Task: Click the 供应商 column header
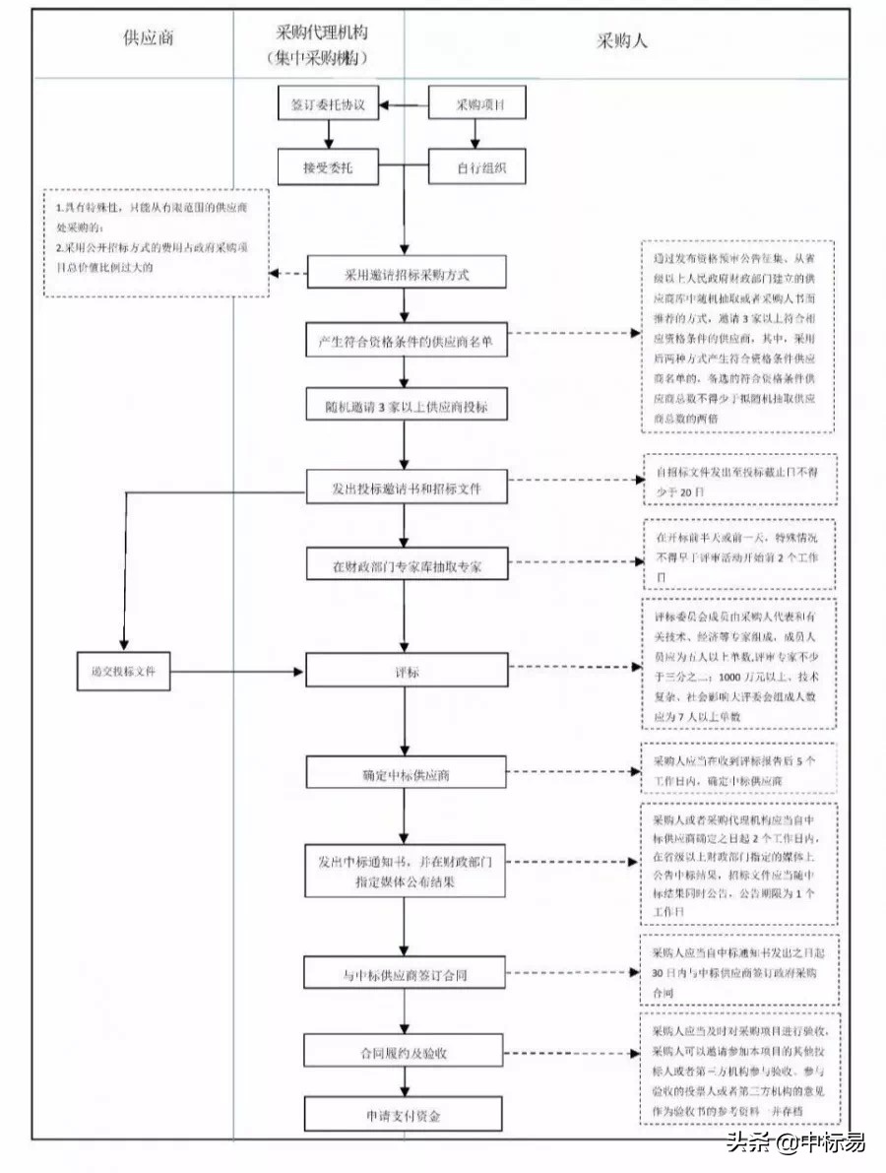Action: point(149,40)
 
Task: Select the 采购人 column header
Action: point(622,40)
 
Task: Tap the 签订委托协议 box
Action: point(328,103)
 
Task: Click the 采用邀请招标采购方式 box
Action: point(406,274)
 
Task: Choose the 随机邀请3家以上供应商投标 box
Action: point(406,406)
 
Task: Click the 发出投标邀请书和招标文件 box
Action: point(406,487)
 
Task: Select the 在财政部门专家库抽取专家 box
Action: point(406,566)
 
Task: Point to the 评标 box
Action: point(406,673)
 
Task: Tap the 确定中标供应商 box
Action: point(406,774)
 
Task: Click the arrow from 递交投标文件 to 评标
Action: point(236,673)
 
